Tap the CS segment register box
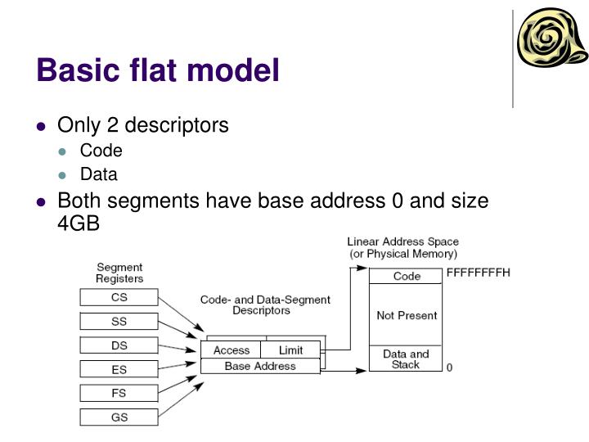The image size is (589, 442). (119, 297)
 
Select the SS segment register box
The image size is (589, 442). (119, 322)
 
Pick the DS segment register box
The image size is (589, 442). (119, 345)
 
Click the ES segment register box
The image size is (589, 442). (119, 369)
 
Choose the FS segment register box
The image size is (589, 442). (119, 393)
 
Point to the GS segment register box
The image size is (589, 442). (119, 417)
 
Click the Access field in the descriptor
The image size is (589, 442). (231, 350)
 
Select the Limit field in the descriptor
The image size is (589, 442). (290, 350)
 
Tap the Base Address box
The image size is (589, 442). (260, 366)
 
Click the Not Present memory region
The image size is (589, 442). (406, 315)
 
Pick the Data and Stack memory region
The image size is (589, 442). (406, 359)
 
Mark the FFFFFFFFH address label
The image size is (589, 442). (478, 273)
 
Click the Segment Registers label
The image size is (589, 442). (119, 273)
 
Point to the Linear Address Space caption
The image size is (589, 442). (402, 247)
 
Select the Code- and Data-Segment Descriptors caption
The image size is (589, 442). (265, 305)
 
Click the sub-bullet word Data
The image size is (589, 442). (98, 174)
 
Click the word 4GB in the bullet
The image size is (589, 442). (79, 223)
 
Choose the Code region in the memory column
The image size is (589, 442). (406, 277)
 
